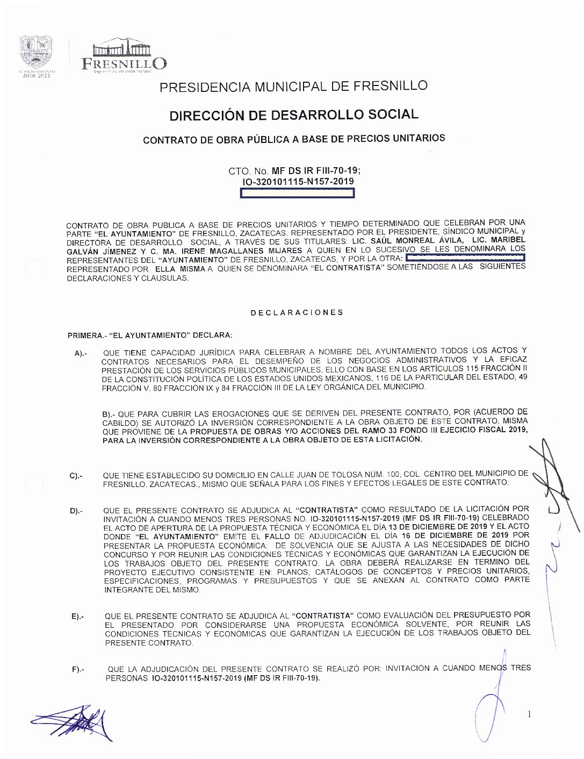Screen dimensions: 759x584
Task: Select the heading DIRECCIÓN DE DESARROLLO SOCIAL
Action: [x=293, y=114]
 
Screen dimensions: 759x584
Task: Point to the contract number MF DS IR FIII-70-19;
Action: [x=316, y=171]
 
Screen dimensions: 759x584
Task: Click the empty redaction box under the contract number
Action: [x=297, y=194]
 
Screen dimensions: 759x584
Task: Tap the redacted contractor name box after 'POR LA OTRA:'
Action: [x=465, y=259]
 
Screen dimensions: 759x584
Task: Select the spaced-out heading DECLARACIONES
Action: [x=297, y=312]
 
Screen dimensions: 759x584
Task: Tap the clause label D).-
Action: [x=76, y=511]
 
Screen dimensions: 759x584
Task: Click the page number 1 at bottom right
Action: [x=530, y=714]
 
